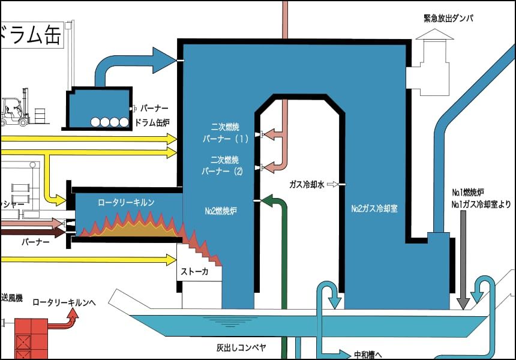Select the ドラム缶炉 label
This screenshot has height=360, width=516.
tap(152, 122)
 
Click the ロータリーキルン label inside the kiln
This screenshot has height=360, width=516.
tap(126, 203)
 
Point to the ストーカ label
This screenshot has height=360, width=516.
tap(194, 272)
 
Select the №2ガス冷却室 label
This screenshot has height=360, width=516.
tap(375, 209)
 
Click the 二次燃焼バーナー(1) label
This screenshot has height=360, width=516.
tap(225, 133)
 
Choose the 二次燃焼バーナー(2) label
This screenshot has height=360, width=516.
tap(225, 166)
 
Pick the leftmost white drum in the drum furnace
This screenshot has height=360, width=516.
tap(95, 122)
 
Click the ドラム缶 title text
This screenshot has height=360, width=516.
tap(30, 36)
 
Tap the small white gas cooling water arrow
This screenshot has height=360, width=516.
tap(332, 184)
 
